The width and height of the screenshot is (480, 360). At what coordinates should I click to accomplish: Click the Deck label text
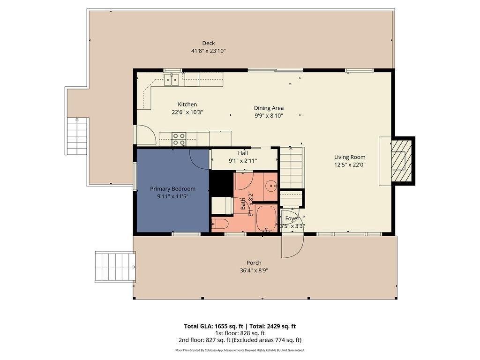[209, 43]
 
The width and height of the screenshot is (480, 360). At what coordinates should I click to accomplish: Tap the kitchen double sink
[172, 80]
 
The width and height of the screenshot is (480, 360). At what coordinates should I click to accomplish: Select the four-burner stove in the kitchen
[179, 139]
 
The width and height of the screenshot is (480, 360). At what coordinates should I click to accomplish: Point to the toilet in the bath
[220, 224]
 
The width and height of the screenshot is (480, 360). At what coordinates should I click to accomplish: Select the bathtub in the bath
[267, 218]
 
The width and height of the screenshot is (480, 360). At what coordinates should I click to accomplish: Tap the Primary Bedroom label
[172, 188]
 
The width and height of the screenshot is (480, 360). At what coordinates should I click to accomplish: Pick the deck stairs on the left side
[77, 136]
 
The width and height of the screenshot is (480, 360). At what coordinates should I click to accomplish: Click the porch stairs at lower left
[115, 266]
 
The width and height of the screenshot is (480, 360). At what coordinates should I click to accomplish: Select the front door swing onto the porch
[292, 246]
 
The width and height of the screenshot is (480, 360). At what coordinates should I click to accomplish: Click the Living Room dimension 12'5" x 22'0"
[350, 165]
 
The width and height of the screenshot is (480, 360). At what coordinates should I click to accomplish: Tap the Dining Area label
[269, 108]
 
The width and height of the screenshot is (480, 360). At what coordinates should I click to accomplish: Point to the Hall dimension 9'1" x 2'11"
[243, 161]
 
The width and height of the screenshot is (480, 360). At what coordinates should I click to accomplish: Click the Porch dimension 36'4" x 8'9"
[254, 270]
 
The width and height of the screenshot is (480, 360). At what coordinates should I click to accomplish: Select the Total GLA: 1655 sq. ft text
[213, 326]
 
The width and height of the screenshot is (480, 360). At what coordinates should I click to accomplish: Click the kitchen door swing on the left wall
[147, 135]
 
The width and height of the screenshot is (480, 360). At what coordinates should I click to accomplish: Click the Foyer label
[292, 218]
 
